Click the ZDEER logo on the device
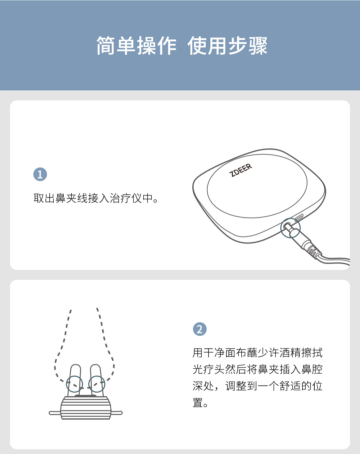point(241,170)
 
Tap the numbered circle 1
point(40,174)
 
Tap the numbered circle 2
point(200,329)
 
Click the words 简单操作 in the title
point(136,46)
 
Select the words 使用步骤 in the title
point(227,46)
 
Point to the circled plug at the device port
point(290,228)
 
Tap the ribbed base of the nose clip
point(86,408)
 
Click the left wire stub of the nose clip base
point(55,413)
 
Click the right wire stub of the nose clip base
point(116,413)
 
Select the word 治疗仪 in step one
point(126,198)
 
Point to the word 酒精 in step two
point(290,353)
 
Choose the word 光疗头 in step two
point(209,369)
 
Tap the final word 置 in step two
point(198,403)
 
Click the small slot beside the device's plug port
point(299,217)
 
